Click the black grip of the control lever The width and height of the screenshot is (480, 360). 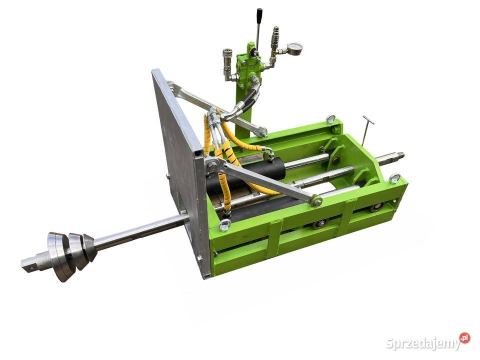tap(259, 14)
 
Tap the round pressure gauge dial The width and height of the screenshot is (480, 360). tap(295, 49)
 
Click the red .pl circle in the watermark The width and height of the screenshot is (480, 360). tap(464, 337)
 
